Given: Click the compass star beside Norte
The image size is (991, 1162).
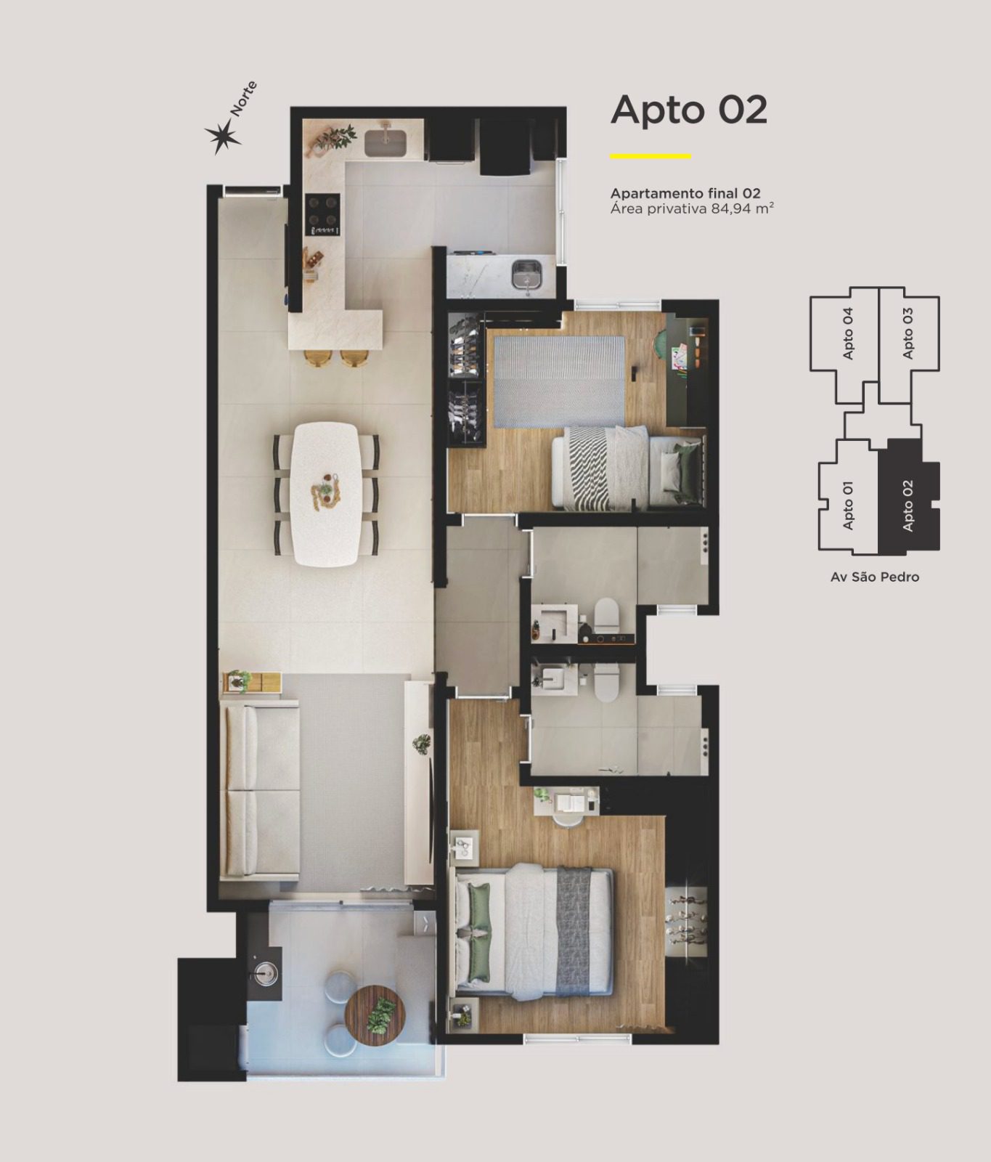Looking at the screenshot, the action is pos(222,136).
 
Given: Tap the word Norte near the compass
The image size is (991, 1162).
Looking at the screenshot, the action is pos(243,99).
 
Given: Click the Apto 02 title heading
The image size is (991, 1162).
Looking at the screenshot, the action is pos(689,110).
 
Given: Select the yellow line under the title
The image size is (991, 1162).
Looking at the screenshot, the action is pos(651,155).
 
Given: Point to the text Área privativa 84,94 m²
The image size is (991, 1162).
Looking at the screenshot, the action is pos(692,209).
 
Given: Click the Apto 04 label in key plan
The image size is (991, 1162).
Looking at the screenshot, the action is pos(847,333).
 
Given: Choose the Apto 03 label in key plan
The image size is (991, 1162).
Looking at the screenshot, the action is pos(908,333).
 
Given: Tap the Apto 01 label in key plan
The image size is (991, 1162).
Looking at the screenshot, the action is pos(847,505).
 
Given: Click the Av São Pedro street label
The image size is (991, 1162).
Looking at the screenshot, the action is pos(875,577).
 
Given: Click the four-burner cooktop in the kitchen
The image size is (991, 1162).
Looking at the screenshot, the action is pos(323,214).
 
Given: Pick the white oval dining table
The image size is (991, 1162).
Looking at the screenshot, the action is pos(326,495).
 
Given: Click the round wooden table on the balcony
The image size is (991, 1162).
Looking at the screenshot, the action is pos(375,1015).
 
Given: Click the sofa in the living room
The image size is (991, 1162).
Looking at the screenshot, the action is pos(261,789).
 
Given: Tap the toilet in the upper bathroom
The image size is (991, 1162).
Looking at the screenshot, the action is pos(605,613).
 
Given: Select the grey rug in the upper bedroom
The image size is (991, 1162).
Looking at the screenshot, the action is pos(559,381).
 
